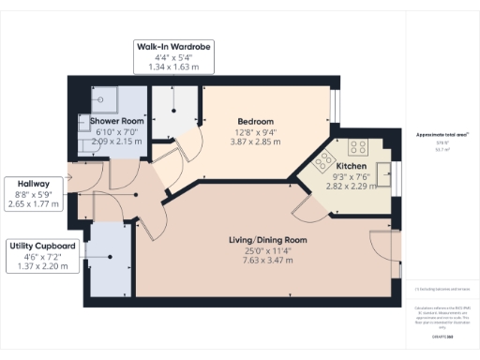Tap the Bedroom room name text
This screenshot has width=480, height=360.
pos(255,122)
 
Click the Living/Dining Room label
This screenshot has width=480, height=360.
pos(268,241)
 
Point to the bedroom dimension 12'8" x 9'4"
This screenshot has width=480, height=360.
pos(255,132)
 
